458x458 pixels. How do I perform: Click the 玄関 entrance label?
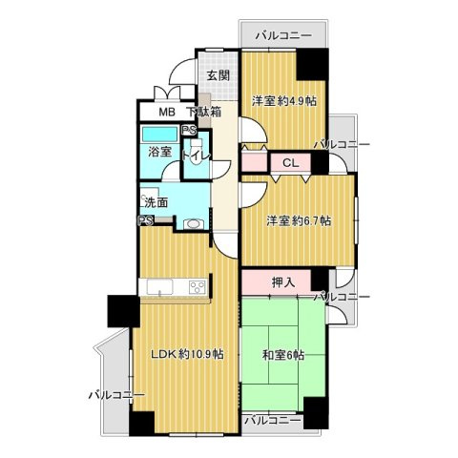coord(219,75)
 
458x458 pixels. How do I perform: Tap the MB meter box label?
coord(167,112)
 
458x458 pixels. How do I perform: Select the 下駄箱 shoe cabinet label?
coord(203,112)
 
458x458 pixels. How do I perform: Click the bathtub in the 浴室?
coord(159,135)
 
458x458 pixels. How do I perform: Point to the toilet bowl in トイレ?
coord(195,153)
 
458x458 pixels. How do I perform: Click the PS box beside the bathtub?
coord(189,131)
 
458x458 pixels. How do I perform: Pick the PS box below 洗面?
coord(146,220)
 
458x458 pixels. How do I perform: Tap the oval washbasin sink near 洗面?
coord(193,223)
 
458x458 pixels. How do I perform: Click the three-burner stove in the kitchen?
coord(198,287)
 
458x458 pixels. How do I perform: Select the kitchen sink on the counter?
coord(159,287)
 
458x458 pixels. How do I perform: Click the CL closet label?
coord(291,163)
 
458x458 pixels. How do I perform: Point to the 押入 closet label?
coord(283,282)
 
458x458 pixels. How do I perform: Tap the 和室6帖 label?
coord(282,355)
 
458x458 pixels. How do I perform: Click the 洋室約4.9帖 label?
coord(284,101)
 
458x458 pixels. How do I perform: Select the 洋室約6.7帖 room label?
coord(299,220)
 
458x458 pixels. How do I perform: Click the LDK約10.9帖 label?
coord(186,354)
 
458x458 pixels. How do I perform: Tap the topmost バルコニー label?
coord(283,35)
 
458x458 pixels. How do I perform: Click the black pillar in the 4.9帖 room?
coord(312,64)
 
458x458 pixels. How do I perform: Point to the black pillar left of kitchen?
coord(123,311)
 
